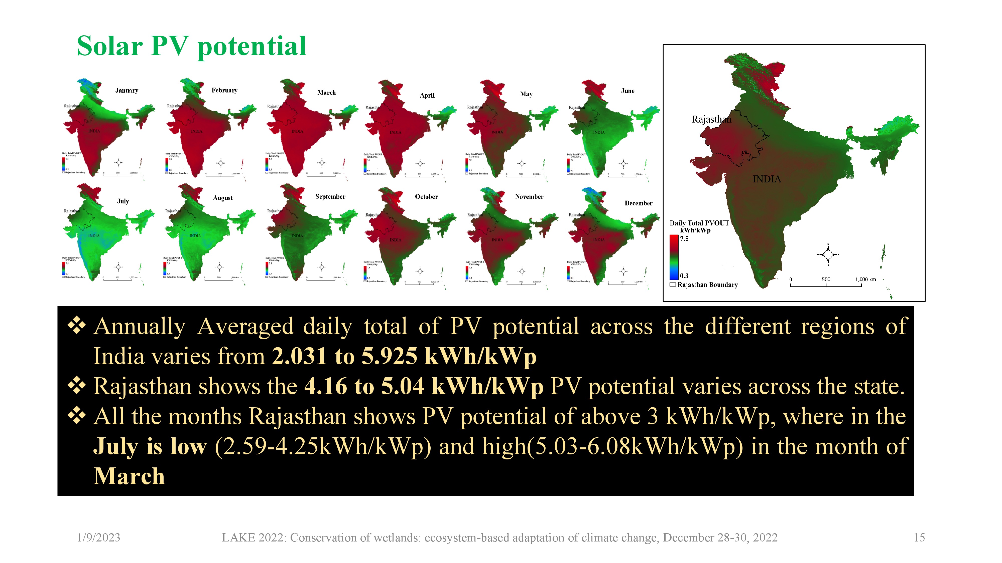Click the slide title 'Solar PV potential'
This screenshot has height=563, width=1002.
click(x=191, y=47)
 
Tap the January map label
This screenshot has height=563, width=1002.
click(x=127, y=91)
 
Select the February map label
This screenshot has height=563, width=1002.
click(x=224, y=90)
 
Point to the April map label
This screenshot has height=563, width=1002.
click(x=427, y=96)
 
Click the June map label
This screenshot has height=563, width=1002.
click(x=628, y=91)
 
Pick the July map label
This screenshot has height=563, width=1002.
click(x=123, y=201)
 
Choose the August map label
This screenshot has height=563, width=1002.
click(x=222, y=198)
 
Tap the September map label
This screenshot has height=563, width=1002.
click(x=330, y=197)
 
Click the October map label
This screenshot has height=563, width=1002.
click(x=426, y=197)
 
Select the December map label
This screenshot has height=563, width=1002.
click(x=638, y=203)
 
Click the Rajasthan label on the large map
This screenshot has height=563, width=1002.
click(x=711, y=119)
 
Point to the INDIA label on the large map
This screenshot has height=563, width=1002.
click(x=766, y=179)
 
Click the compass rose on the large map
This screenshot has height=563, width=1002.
click(x=828, y=254)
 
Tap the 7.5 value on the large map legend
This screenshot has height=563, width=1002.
click(x=684, y=239)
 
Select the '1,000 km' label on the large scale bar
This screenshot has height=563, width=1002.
click(x=865, y=279)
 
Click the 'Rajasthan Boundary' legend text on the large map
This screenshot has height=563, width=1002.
click(x=707, y=285)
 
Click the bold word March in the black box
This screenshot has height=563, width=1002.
click(x=129, y=476)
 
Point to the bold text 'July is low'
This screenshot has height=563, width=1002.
click(x=150, y=446)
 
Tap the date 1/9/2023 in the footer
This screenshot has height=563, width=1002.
click(x=99, y=538)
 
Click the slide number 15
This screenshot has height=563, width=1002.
click(x=919, y=538)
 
